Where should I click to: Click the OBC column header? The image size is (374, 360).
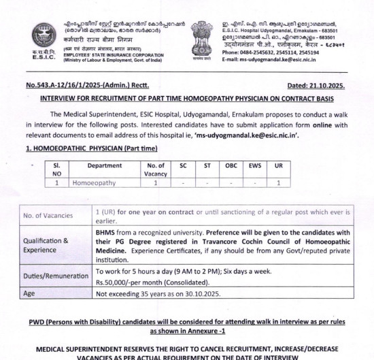[231, 166]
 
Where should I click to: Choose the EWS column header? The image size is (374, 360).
[254, 166]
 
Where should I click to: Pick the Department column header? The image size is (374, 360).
[105, 166]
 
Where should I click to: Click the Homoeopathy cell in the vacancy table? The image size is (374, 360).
[95, 182]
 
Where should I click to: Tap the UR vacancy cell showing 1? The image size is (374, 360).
[278, 182]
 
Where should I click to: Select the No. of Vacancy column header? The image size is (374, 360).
[156, 170]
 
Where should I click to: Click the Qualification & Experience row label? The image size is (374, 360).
[46, 245]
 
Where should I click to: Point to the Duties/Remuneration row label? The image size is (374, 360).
[56, 277]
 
